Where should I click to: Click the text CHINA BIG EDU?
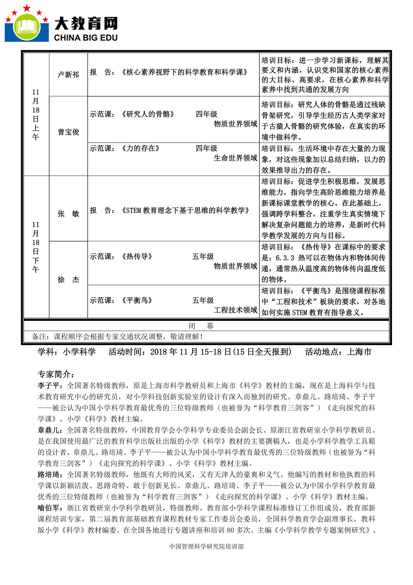point(86,38)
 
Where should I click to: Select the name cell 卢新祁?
point(68,74)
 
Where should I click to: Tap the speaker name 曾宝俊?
point(68,132)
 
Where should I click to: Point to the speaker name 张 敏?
point(68,214)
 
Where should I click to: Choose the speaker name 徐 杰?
point(68,280)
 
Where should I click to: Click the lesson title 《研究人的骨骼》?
point(148,114)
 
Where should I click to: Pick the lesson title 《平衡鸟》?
point(137,300)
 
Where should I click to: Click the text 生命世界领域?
point(235,158)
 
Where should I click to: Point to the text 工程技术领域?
point(235,310)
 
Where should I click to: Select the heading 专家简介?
point(56,374)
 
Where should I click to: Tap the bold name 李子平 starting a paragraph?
point(48,386)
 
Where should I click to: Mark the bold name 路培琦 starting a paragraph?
point(48,475)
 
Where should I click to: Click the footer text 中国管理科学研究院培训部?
point(206,546)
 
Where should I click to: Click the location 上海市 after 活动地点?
point(359,352)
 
